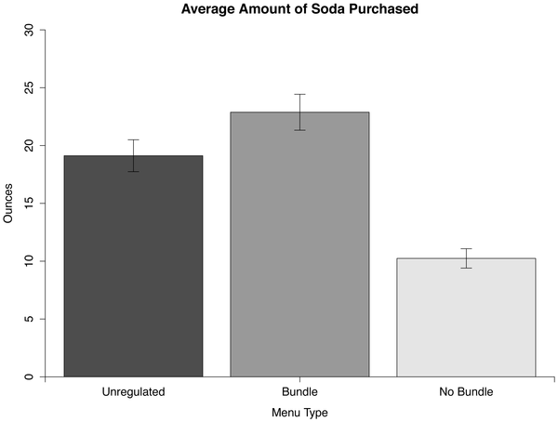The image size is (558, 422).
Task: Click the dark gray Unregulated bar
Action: pyautogui.click(x=133, y=270)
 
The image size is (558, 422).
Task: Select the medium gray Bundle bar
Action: pyautogui.click(x=299, y=246)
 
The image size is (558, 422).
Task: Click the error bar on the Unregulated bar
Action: pyautogui.click(x=133, y=155)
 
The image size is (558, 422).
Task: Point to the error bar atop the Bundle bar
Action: pyautogui.click(x=299, y=112)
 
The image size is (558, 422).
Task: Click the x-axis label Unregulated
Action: pyautogui.click(x=133, y=392)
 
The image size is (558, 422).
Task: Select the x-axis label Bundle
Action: pyautogui.click(x=299, y=392)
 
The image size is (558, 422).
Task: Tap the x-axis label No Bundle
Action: pyautogui.click(x=466, y=392)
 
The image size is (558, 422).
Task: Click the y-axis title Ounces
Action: pyautogui.click(x=8, y=204)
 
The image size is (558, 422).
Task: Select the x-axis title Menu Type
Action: pyautogui.click(x=299, y=412)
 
